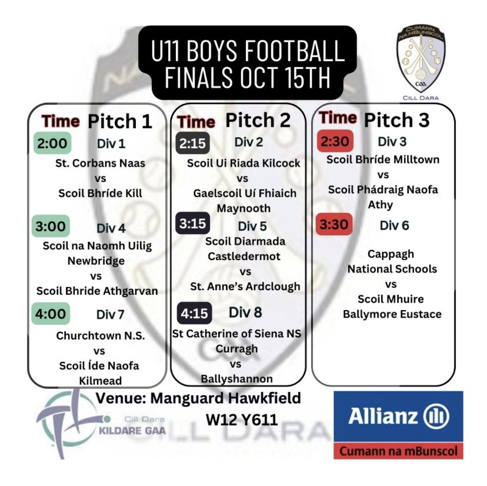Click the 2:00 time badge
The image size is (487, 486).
click(x=52, y=143)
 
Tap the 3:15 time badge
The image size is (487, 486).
click(x=192, y=223)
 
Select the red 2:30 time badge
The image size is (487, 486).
click(x=335, y=141)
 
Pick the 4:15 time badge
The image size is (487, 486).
click(x=195, y=313)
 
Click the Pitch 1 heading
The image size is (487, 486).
click(x=120, y=121)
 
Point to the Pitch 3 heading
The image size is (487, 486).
click(x=396, y=120)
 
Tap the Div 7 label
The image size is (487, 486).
click(x=111, y=314)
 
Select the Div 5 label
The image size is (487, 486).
click(x=252, y=226)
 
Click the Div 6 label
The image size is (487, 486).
click(x=394, y=225)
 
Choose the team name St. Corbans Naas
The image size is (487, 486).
click(x=101, y=163)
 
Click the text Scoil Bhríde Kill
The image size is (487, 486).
click(x=101, y=193)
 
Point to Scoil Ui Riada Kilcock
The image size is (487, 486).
click(x=243, y=163)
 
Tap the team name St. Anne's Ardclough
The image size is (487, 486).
click(x=245, y=286)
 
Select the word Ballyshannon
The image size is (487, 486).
click(x=236, y=379)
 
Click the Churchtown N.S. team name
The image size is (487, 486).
click(x=101, y=335)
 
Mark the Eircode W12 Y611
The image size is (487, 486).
click(x=242, y=420)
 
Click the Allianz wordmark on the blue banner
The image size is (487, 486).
click(x=383, y=416)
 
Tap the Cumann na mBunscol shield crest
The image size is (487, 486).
click(x=421, y=59)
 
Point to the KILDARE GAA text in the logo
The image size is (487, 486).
click(x=132, y=431)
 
